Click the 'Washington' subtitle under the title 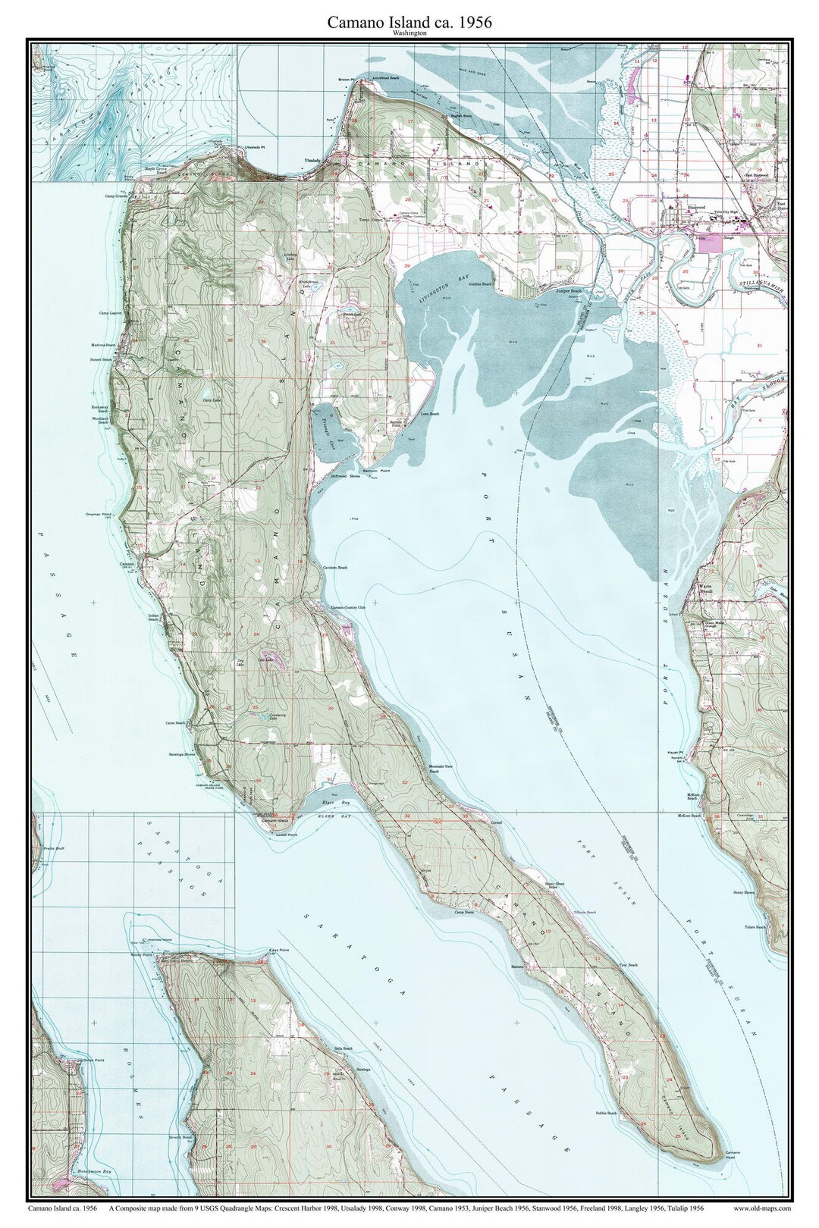coord(409,34)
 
